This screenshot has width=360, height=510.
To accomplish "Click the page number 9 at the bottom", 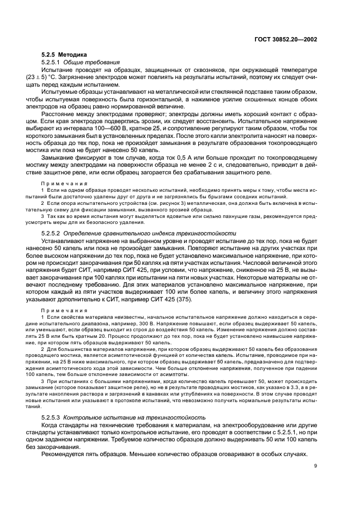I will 316,481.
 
